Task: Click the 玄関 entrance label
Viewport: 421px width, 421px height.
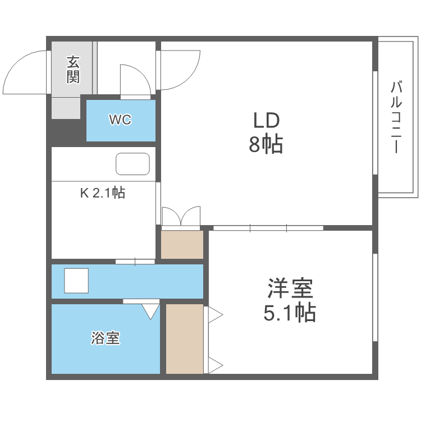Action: tap(73, 69)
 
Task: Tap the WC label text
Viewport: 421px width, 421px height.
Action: tap(120, 120)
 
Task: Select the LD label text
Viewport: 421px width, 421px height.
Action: tap(266, 121)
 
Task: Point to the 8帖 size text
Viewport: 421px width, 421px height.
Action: tap(266, 145)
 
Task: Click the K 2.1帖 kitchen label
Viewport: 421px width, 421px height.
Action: tap(102, 193)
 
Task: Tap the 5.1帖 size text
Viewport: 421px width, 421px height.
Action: tap(289, 312)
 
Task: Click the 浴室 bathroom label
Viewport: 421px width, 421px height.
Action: tap(106, 338)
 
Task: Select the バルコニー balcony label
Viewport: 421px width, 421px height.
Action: tap(396, 117)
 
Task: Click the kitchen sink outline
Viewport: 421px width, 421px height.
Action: tap(133, 164)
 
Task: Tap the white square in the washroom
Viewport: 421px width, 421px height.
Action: tap(76, 280)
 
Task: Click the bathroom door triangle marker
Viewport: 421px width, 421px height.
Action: tap(150, 311)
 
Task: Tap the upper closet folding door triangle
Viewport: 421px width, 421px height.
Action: tap(216, 314)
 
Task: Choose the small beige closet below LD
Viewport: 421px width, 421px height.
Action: tap(182, 245)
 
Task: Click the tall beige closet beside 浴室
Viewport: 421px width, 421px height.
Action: tap(184, 338)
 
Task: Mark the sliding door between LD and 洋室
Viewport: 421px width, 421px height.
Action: tap(268, 227)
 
